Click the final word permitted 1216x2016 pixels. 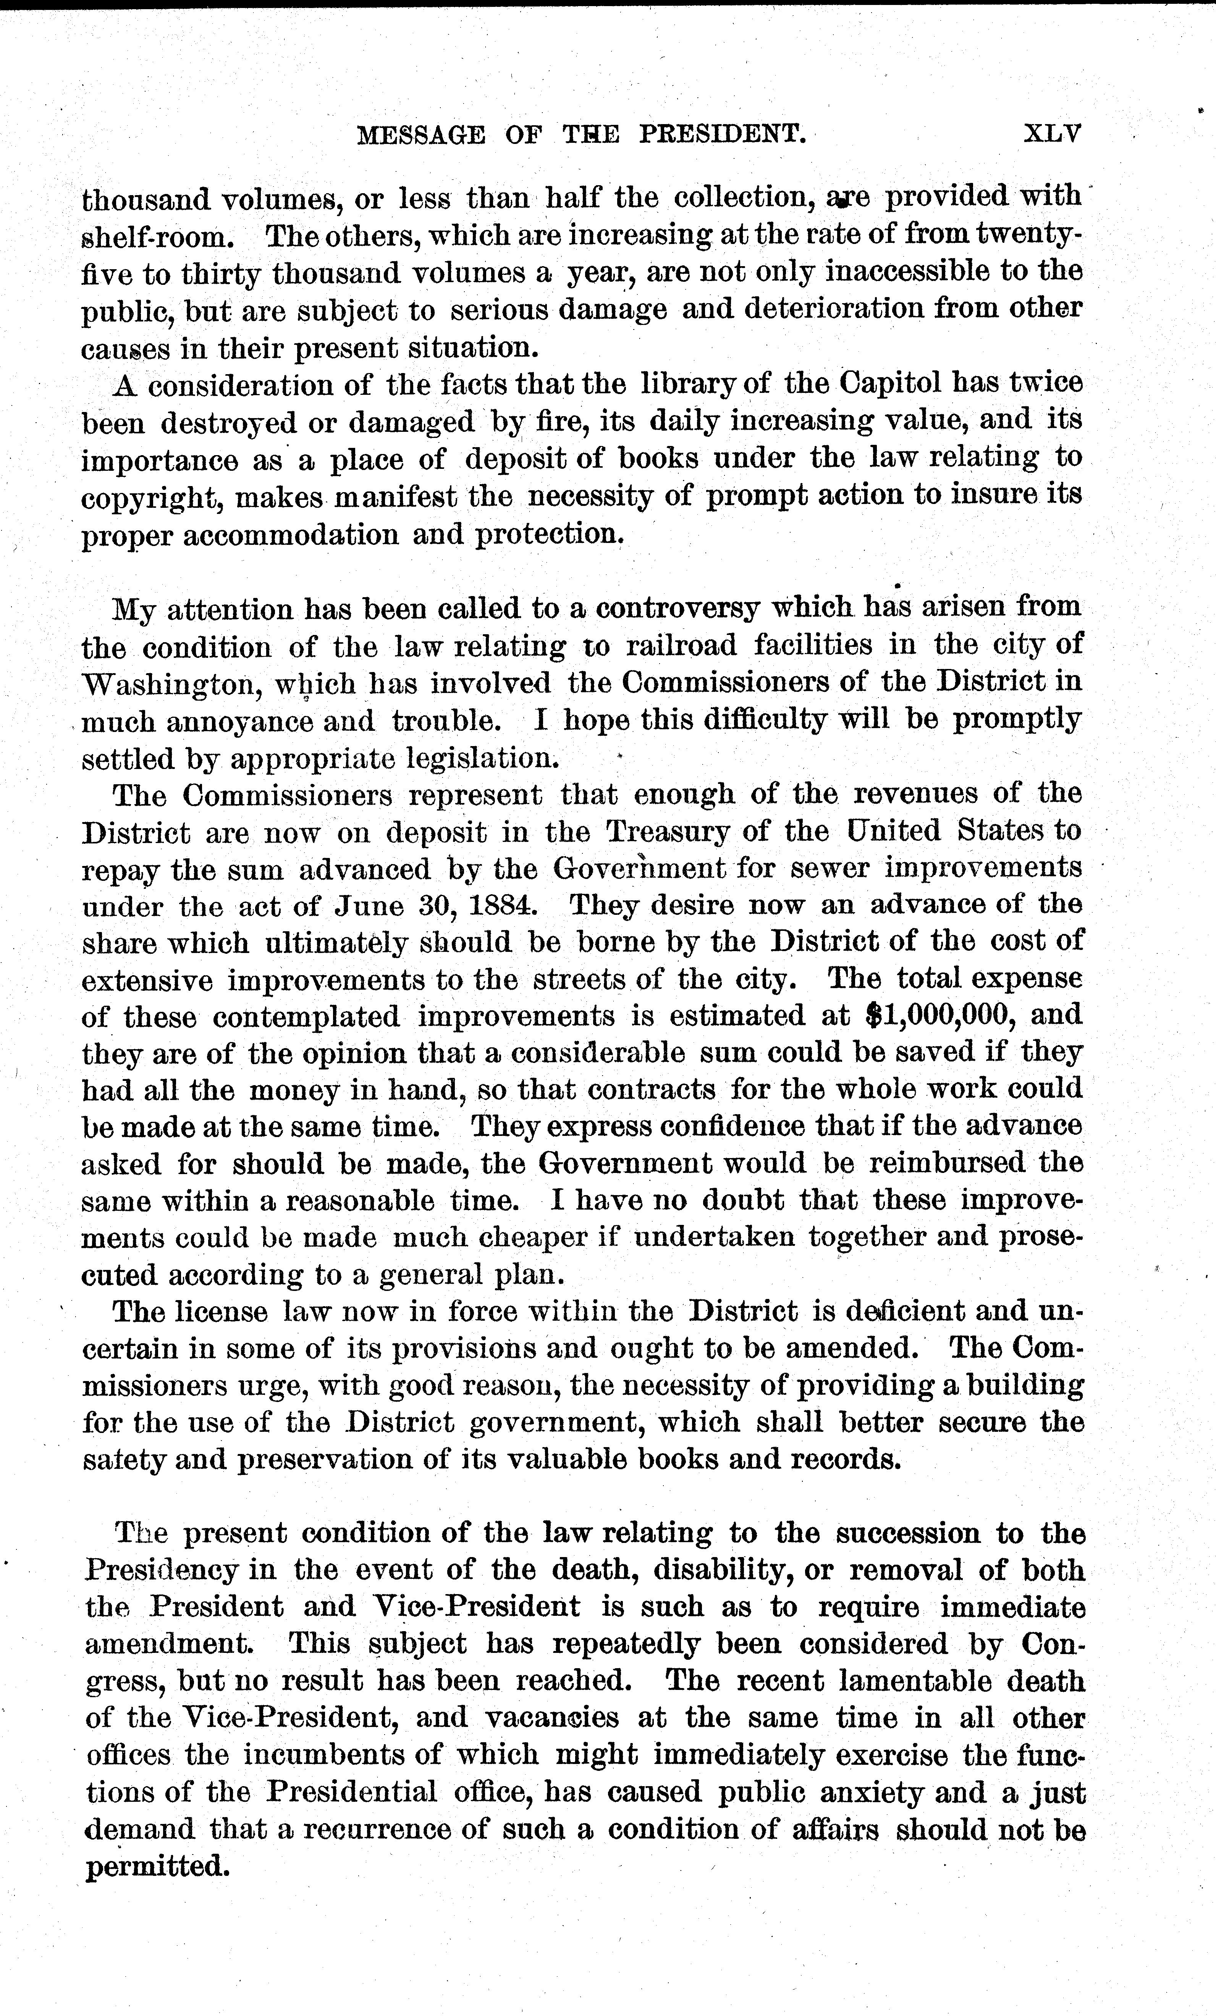click(x=154, y=1867)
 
